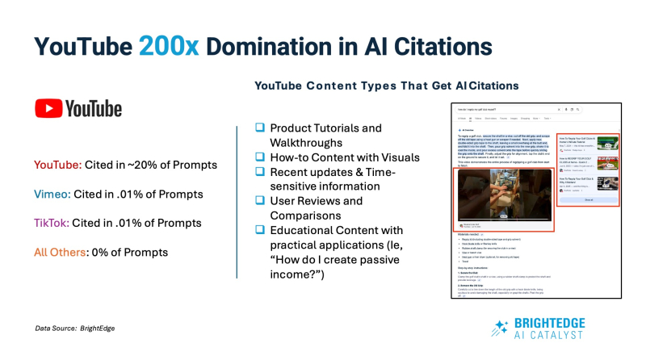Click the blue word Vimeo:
[52, 194]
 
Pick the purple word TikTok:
[52, 223]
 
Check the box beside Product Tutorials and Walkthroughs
[260, 128]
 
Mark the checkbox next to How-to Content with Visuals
[260, 157]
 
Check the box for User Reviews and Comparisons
[260, 200]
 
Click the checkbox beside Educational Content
[260, 229]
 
